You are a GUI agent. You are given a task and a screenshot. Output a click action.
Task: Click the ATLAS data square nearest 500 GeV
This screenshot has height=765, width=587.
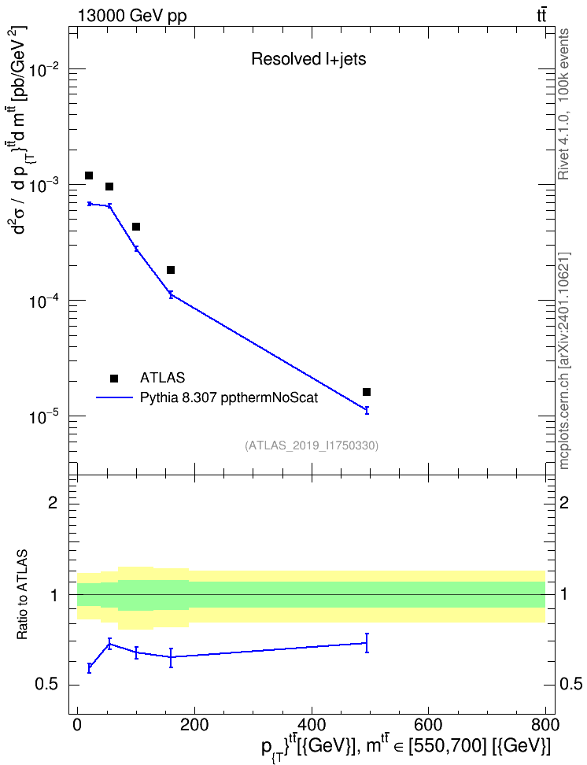pyautogui.click(x=367, y=392)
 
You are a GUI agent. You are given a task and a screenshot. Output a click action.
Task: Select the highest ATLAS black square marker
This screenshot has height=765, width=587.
pyautogui.click(x=89, y=176)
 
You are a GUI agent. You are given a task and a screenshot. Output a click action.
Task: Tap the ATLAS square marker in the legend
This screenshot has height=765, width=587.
pyautogui.click(x=114, y=378)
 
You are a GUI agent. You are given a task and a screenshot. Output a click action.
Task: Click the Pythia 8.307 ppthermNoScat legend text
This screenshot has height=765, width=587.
pyautogui.click(x=229, y=397)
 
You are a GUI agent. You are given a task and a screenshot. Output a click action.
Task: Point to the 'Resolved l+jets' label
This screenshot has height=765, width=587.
pyautogui.click(x=308, y=59)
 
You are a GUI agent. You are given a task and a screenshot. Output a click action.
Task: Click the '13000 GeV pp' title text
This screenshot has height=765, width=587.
pyautogui.click(x=132, y=16)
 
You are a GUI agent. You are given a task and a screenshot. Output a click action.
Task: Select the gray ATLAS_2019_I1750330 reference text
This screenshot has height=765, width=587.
pyautogui.click(x=312, y=445)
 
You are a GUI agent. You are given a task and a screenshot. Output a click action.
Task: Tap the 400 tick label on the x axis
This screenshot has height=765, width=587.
pyautogui.click(x=312, y=725)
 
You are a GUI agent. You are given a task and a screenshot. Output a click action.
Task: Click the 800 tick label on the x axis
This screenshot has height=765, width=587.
pyautogui.click(x=545, y=725)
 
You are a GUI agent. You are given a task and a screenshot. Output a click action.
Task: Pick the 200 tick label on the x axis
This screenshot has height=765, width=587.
pyautogui.click(x=194, y=725)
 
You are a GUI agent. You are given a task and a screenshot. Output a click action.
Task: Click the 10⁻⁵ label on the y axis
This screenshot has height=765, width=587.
pyautogui.click(x=45, y=416)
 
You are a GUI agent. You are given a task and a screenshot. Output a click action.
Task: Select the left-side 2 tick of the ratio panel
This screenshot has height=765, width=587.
pyautogui.click(x=52, y=502)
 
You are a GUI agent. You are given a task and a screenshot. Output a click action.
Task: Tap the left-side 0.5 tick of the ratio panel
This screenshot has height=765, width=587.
pyautogui.click(x=47, y=685)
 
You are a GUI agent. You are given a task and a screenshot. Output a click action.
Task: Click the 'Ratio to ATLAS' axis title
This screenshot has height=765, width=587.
pyautogui.click(x=22, y=595)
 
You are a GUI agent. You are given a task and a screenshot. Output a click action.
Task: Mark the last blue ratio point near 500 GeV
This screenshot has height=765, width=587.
pyautogui.click(x=367, y=643)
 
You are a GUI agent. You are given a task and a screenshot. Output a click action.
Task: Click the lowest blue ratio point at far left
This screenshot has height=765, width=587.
pyautogui.click(x=89, y=668)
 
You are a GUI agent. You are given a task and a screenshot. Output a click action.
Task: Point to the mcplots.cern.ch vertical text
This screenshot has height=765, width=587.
pyautogui.click(x=564, y=360)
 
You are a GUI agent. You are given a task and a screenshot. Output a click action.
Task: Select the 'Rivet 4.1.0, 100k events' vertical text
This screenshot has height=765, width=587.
pyautogui.click(x=563, y=104)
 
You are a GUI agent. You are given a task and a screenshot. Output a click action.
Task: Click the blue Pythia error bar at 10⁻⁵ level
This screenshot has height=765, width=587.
pyautogui.click(x=367, y=410)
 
